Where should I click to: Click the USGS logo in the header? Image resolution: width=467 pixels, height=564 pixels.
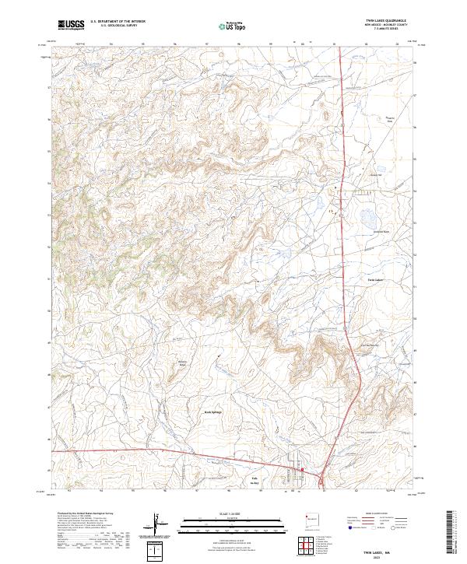pos(71,25)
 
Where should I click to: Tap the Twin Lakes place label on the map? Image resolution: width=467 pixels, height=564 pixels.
pos(376,279)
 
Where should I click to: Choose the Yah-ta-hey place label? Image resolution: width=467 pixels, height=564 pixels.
pos(254,479)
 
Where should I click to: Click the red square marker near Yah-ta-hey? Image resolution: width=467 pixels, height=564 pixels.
pos(303,469)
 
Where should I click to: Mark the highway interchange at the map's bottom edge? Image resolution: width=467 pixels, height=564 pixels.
pos(321,475)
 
